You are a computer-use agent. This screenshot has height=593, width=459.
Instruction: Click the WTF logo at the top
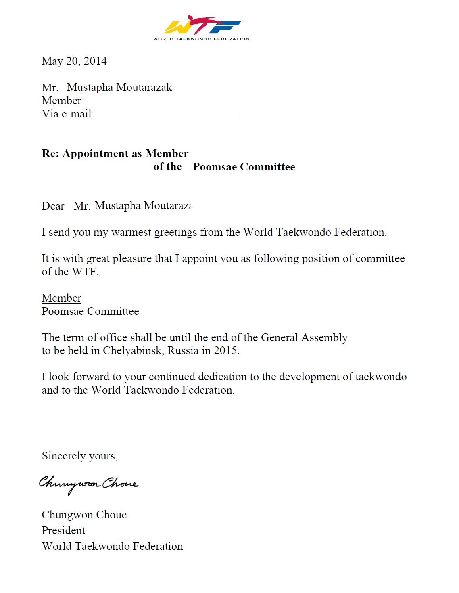pyautogui.click(x=201, y=27)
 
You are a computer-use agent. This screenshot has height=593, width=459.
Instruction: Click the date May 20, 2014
pyautogui.click(x=74, y=61)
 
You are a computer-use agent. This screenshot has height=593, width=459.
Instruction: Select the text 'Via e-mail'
pyautogui.click(x=67, y=114)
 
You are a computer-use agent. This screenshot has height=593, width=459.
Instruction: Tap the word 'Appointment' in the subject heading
pyautogui.click(x=96, y=154)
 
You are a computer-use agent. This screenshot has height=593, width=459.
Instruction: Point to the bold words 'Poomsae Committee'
pyautogui.click(x=244, y=167)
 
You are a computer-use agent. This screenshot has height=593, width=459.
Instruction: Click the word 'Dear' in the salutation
pyautogui.click(x=53, y=206)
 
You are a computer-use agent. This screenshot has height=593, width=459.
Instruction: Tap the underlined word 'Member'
pyautogui.click(x=61, y=298)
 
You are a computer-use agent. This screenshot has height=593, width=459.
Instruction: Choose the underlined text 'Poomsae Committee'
pyautogui.click(x=90, y=311)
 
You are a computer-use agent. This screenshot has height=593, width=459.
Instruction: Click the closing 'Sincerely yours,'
pyautogui.click(x=79, y=456)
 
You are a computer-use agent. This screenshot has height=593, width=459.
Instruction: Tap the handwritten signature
pyautogui.click(x=88, y=484)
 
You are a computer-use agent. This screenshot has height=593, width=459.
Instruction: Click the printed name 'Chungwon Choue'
pyautogui.click(x=84, y=515)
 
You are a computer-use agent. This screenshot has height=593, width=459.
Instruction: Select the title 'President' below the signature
pyautogui.click(x=63, y=530)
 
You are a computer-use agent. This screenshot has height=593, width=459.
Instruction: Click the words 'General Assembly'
pyautogui.click(x=304, y=337)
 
